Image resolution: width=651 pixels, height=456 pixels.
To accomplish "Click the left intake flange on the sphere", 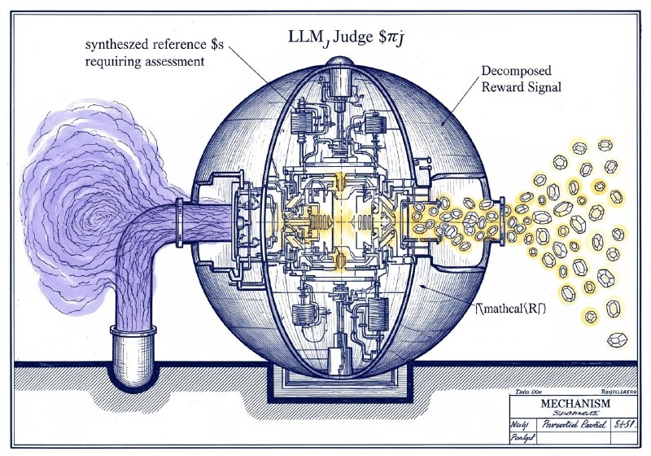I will [x=241, y=219].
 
